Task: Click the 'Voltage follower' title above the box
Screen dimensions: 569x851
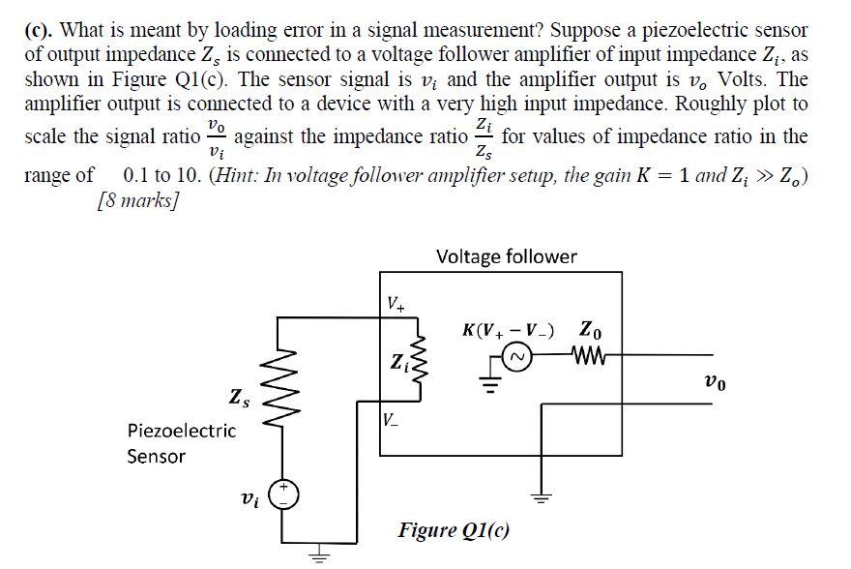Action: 507,256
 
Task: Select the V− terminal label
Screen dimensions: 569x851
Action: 389,420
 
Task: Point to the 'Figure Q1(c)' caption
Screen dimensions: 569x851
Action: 455,529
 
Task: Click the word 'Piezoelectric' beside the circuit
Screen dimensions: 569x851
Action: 181,431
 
